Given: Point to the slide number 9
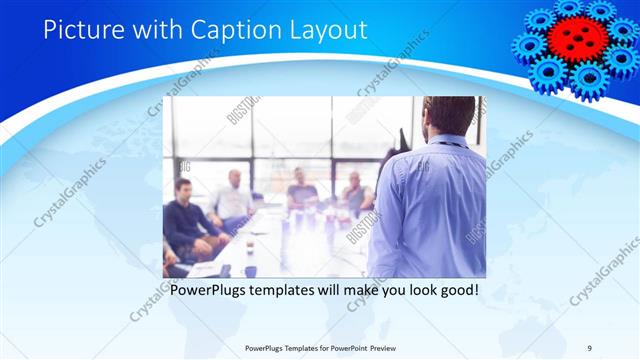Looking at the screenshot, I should [x=589, y=347].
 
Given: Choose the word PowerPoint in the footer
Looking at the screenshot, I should [x=351, y=348].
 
